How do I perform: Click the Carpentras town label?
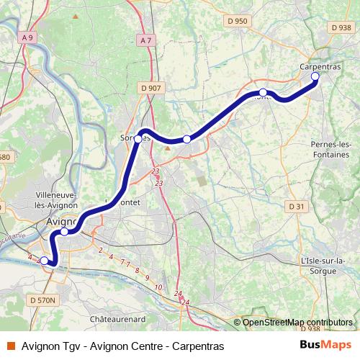[x=320, y=66]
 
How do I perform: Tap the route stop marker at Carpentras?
[x=315, y=76]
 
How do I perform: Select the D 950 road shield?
[x=237, y=21]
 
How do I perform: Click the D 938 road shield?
[x=339, y=27]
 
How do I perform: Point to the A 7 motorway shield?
[x=147, y=40]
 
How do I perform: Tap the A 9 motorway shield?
[x=28, y=37]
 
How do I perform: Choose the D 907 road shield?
[x=151, y=88]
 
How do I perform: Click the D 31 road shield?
[x=297, y=206]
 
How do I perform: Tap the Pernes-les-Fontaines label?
[x=331, y=150]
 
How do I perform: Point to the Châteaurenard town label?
[x=118, y=318]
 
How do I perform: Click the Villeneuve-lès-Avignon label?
[x=56, y=200]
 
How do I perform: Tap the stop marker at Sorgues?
[x=138, y=139]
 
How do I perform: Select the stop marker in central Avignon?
[x=65, y=231]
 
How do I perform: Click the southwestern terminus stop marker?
[x=44, y=261]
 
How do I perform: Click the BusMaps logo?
[x=326, y=345]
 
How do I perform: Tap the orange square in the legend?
[x=10, y=346]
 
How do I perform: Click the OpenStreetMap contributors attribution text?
[x=297, y=323]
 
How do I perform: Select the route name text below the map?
[x=123, y=346]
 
